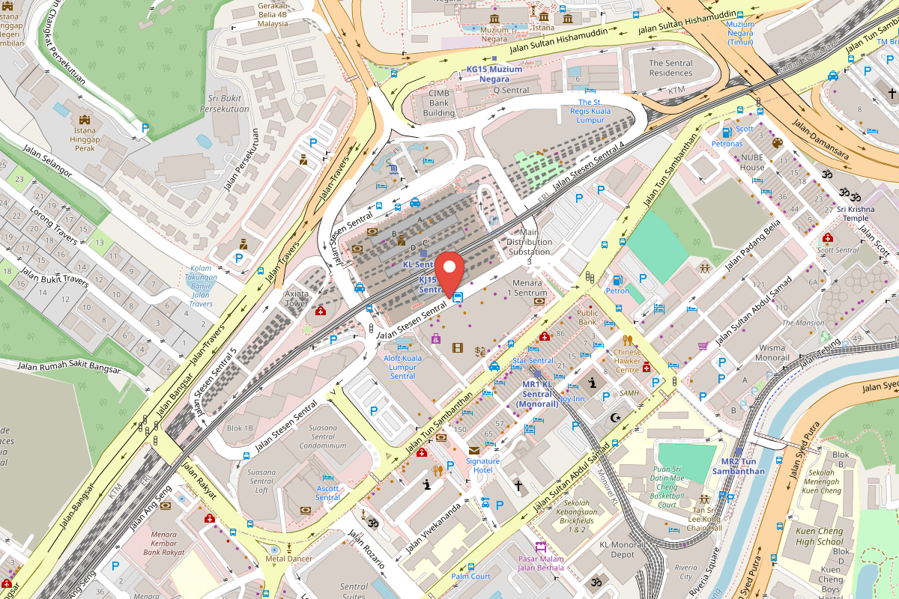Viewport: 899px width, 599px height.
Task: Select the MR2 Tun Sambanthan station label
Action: [742, 466]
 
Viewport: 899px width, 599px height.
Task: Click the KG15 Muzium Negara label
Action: [494, 74]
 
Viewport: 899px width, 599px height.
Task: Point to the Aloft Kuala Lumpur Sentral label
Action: [403, 368]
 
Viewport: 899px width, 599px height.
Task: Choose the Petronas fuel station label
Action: [727, 144]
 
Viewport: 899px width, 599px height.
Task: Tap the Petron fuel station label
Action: [617, 291]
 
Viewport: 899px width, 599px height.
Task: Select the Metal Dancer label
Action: [289, 559]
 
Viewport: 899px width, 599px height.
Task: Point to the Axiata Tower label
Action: [297, 299]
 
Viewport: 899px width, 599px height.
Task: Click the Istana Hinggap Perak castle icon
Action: [84, 120]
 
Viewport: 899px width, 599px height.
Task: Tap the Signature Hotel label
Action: [482, 465]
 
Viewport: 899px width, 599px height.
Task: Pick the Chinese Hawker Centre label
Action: [628, 360]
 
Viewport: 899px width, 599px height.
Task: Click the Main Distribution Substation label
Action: [529, 242]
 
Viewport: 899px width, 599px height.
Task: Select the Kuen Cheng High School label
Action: [820, 536]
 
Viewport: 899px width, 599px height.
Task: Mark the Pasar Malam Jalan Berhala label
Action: [541, 563]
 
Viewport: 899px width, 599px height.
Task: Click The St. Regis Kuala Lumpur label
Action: [590, 111]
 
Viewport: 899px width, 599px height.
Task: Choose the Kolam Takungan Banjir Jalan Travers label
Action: [200, 286]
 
